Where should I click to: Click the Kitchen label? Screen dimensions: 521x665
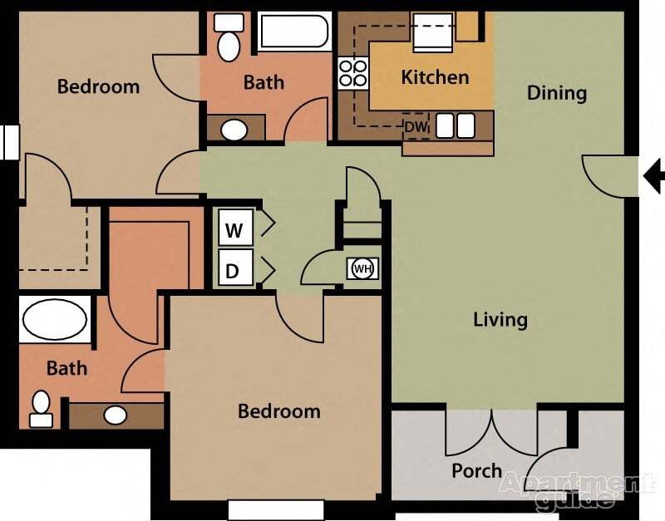point(435,77)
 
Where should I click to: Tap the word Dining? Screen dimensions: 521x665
point(557,92)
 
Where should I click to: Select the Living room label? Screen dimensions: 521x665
point(500,319)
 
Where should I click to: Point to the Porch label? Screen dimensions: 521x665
point(476,470)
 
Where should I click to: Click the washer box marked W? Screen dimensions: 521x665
point(234,229)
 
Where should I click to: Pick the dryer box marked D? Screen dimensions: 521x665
point(234,270)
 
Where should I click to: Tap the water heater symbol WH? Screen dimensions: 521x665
point(362,268)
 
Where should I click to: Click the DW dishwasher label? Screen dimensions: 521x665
point(415,127)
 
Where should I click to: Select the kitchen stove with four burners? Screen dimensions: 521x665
point(352,74)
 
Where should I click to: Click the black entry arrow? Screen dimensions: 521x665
point(654,175)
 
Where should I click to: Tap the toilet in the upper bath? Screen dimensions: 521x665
point(229,37)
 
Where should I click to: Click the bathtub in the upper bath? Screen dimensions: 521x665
point(293,32)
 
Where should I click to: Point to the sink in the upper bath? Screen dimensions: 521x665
point(234,130)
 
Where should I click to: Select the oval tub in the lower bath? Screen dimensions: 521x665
point(55,319)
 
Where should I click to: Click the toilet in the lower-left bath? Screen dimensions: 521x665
point(41,408)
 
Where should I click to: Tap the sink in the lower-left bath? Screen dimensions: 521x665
point(115,415)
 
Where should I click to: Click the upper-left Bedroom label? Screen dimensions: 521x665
point(98,86)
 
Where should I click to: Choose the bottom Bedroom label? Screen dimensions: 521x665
point(278,410)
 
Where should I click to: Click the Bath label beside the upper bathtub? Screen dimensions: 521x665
point(264,82)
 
